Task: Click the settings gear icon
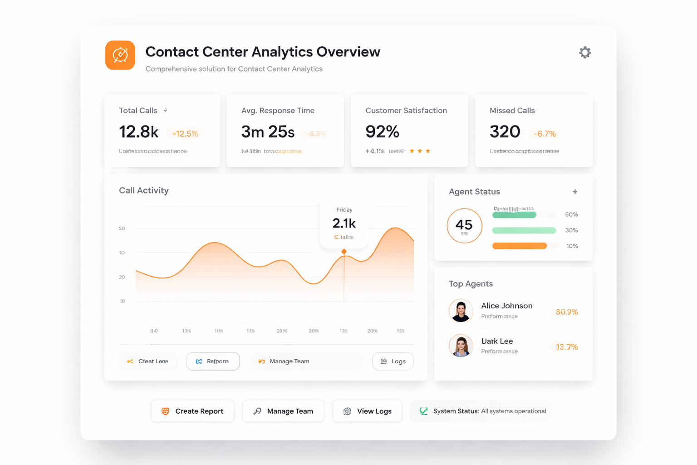point(585,53)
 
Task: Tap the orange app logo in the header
point(120,55)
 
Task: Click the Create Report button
point(192,411)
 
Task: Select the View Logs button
point(367,411)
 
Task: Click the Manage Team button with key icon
point(283,411)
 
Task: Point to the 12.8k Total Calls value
point(138,132)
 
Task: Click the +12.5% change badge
point(185,134)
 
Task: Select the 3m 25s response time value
point(268,132)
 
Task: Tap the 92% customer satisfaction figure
point(382,132)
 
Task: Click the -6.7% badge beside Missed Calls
point(545,134)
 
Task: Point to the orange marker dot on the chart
point(344,252)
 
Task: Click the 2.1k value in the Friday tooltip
point(344,223)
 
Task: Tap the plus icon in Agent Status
point(575,192)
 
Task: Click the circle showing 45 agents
point(464,226)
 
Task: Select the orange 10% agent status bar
point(520,246)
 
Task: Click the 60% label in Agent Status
point(571,214)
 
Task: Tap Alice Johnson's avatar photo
point(461,311)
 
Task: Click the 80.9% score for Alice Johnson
point(567,312)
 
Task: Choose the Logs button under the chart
point(393,361)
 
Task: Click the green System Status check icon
point(423,411)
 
